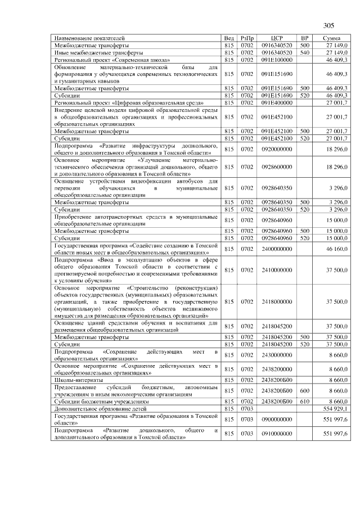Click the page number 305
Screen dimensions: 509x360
pyautogui.click(x=329, y=26)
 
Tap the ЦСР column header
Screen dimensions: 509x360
pyautogui.click(x=276, y=38)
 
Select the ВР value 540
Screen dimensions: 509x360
pyautogui.click(x=305, y=52)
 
